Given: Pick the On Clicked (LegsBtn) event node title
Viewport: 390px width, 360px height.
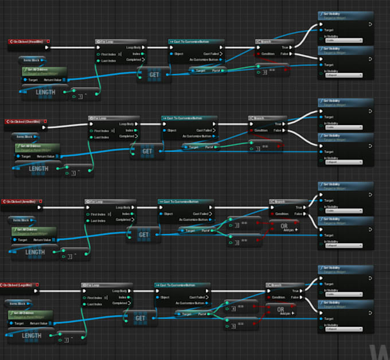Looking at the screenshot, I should [20, 285].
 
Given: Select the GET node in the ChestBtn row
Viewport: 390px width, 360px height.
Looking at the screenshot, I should [147, 151].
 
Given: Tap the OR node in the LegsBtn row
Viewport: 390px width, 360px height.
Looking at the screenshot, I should [280, 310].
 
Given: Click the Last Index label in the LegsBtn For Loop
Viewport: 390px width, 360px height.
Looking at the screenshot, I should [96, 304].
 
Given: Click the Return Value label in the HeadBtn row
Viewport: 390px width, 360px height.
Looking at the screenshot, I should [53, 80].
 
